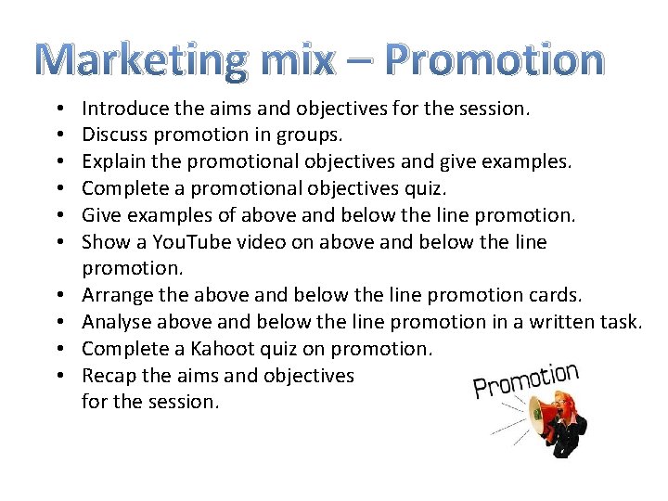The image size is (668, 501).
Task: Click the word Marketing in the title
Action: (x=145, y=59)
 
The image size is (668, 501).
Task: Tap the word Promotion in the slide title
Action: (x=495, y=59)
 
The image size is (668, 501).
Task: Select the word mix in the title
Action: (x=297, y=59)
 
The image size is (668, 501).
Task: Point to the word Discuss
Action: (x=114, y=135)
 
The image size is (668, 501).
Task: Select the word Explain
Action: (x=113, y=162)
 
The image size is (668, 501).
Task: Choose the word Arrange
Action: (x=117, y=295)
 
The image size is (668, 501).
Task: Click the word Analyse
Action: (x=116, y=322)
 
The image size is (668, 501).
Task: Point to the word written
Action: (x=557, y=322)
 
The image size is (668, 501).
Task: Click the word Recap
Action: (x=108, y=375)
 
